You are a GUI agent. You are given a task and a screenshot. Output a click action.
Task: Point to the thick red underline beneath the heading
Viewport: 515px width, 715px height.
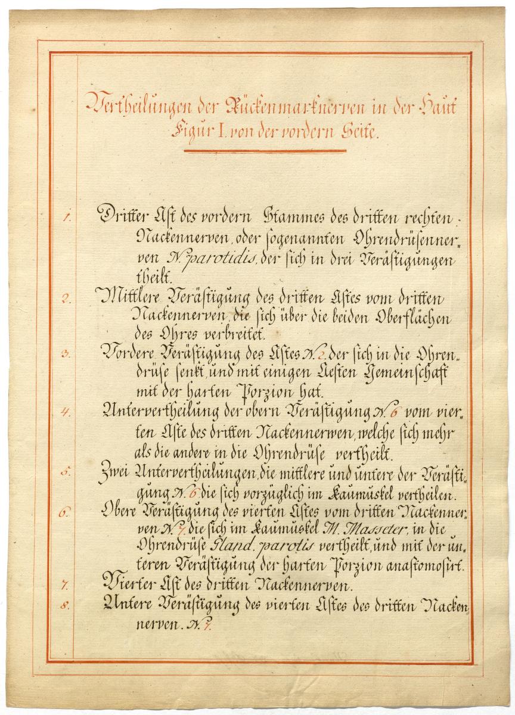265,150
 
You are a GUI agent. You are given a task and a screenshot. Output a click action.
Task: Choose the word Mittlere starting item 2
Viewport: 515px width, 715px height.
128,296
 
